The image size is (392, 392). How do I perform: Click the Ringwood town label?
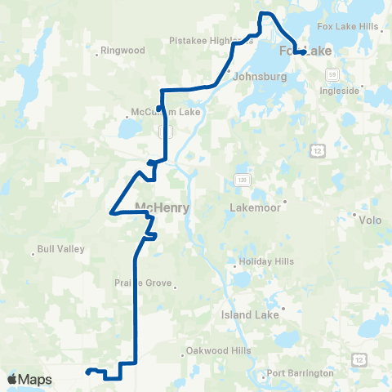pos(123,51)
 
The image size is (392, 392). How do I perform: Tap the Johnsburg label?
pos(256,79)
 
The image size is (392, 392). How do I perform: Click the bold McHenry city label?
pos(162,207)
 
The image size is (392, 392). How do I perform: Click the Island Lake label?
pos(251,314)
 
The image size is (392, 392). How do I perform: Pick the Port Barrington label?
pos(301,372)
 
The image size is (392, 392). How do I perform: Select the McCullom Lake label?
pos(154,113)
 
